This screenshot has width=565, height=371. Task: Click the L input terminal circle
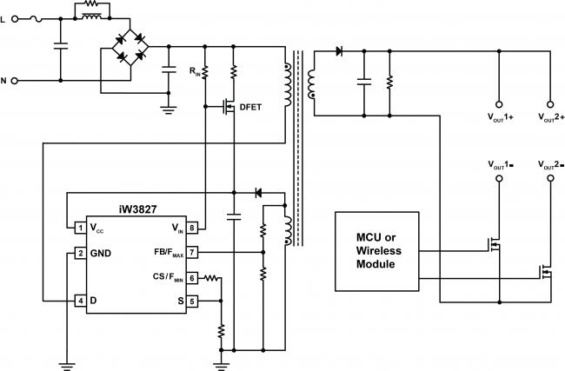[15, 19]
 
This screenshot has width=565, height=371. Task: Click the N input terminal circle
[15, 81]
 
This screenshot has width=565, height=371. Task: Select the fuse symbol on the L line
[36, 19]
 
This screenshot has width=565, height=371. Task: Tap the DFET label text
[250, 107]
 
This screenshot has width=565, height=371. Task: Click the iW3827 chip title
[137, 209]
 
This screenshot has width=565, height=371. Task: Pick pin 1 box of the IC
[80, 228]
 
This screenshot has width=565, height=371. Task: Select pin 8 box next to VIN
[192, 228]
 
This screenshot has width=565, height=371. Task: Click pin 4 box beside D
[80, 301]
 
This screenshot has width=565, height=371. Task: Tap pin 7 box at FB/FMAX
[192, 252]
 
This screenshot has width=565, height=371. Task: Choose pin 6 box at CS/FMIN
[192, 278]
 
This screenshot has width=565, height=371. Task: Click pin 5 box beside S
[192, 301]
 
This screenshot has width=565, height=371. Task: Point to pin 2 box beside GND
[80, 253]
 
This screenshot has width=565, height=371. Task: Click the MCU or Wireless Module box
[377, 251]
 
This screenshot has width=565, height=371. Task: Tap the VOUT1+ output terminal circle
[499, 104]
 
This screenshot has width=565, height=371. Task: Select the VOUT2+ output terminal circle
[550, 104]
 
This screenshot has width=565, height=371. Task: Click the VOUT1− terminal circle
[499, 178]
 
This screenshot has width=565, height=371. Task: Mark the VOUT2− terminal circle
[550, 178]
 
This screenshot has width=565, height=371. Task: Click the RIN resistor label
[195, 71]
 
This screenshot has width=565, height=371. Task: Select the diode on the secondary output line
[339, 51]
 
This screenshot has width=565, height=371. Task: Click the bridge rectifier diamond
[130, 46]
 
